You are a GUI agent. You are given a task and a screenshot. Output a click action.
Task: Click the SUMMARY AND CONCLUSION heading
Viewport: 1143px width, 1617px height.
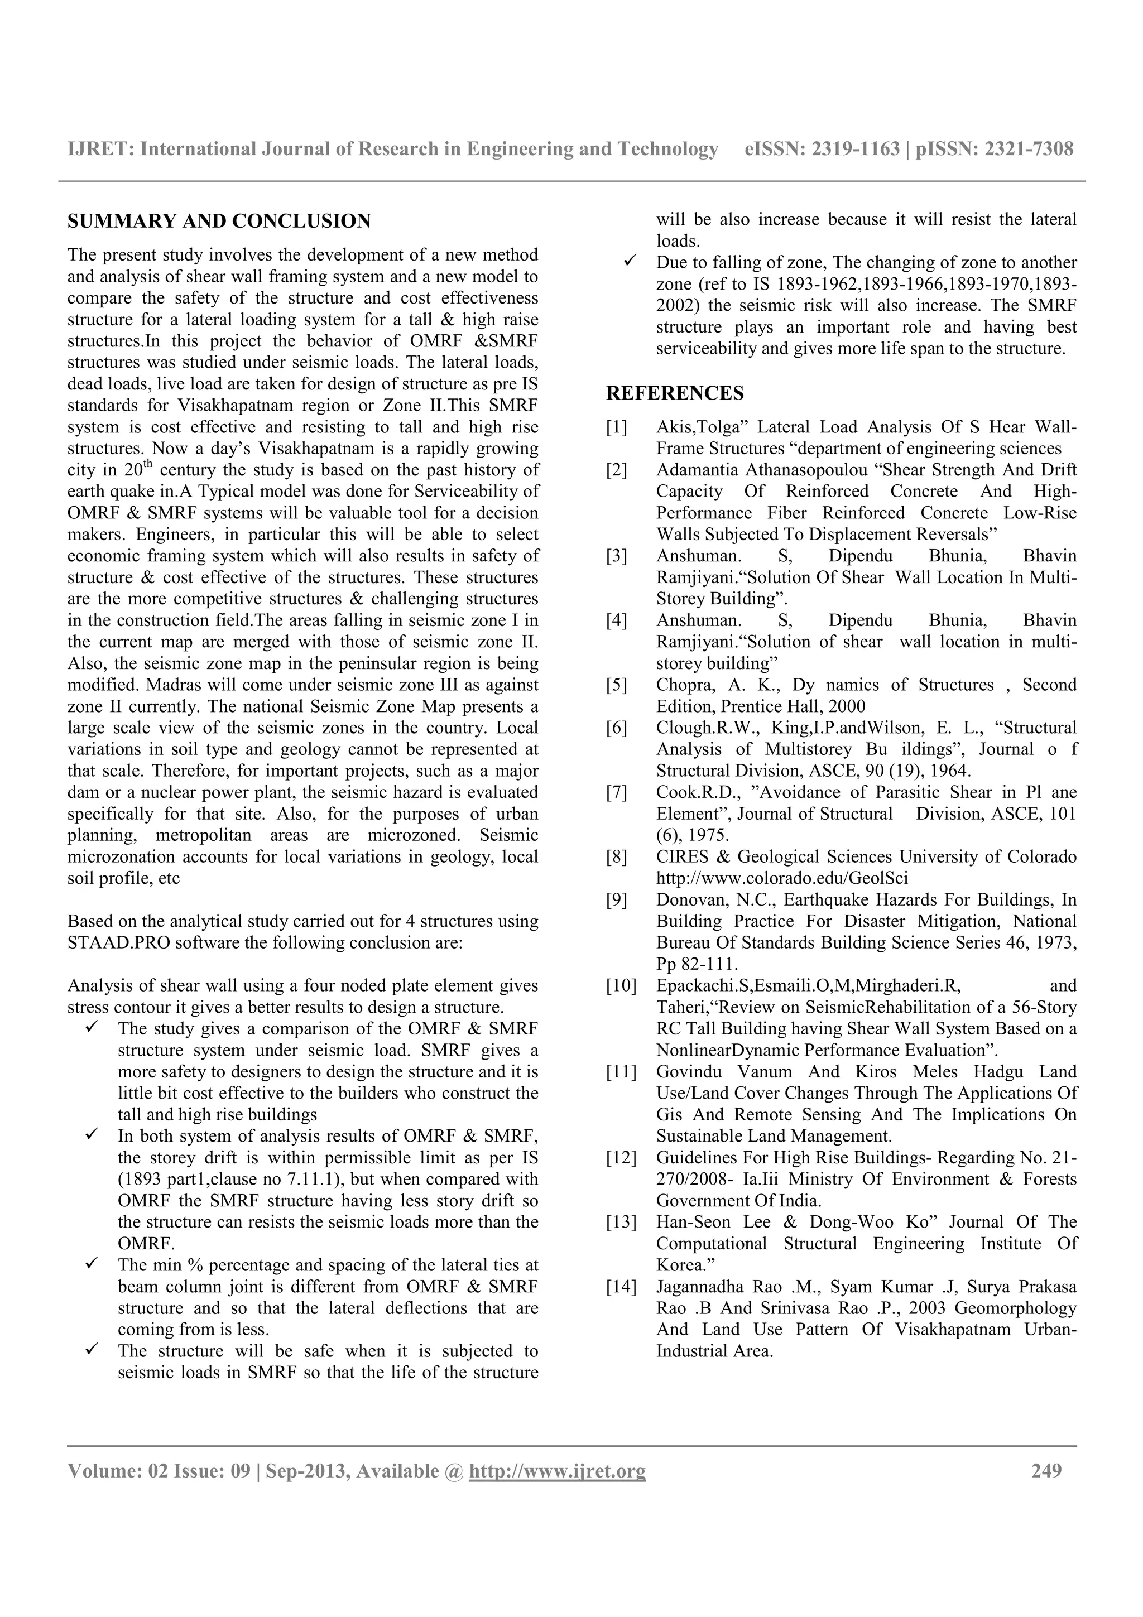[x=219, y=221]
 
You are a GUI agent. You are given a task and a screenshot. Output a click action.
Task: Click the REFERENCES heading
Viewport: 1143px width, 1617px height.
[x=675, y=393]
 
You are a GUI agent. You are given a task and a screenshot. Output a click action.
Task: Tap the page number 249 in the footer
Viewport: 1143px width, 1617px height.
[x=1046, y=1470]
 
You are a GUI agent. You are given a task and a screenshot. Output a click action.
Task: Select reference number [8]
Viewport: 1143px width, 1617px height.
[x=616, y=857]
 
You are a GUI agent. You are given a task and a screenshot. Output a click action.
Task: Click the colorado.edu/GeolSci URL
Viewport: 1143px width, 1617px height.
[x=782, y=878]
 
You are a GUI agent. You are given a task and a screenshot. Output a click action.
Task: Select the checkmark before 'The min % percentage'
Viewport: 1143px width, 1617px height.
[x=92, y=1264]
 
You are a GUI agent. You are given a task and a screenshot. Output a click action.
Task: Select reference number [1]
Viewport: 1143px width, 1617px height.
[x=616, y=427]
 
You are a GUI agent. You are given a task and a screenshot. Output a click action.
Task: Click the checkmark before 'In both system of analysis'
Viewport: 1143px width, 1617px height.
[x=92, y=1135]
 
